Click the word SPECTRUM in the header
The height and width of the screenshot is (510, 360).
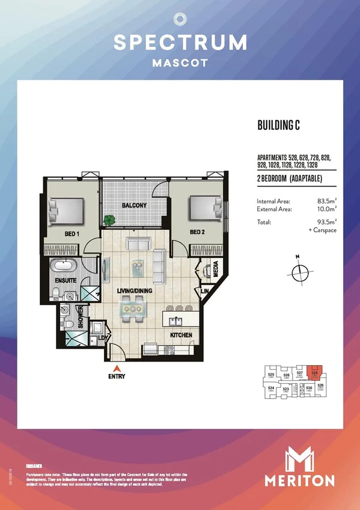pos(180,43)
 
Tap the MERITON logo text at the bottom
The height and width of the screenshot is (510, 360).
pos(301,480)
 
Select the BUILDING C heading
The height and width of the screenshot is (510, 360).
pos(278,126)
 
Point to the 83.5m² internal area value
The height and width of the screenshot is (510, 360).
pos(325,201)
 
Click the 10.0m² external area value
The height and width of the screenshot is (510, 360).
pos(325,209)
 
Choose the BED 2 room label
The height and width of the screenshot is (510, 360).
pos(198,232)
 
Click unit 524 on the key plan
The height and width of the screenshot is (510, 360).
pos(271,389)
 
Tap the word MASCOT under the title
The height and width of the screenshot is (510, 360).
pos(180,63)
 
